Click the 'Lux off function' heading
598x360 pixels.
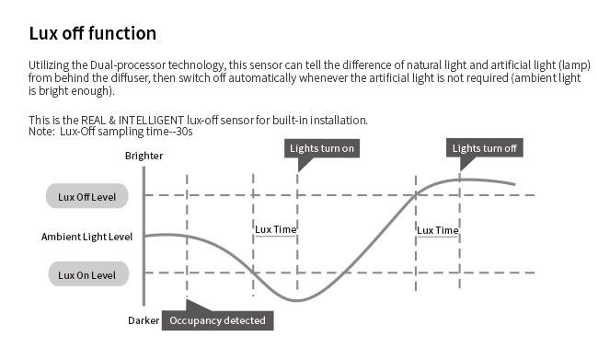click(93, 33)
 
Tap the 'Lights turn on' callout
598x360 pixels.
click(322, 148)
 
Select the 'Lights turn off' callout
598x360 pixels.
click(484, 148)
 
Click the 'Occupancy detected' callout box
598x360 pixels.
click(217, 320)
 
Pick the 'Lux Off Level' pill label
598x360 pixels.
click(87, 197)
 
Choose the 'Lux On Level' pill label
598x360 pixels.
click(88, 275)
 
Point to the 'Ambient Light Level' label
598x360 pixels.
click(87, 237)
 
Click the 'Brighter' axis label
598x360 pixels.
click(144, 156)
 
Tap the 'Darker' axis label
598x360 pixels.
click(144, 320)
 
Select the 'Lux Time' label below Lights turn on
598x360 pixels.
click(275, 229)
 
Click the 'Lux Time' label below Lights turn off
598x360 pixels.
click(437, 230)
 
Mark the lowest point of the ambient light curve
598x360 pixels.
click(297, 300)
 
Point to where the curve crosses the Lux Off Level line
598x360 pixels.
click(416, 195)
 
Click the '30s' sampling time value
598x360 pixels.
click(185, 132)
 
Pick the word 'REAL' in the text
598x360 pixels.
click(94, 121)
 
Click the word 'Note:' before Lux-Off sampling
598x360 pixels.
click(41, 132)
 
